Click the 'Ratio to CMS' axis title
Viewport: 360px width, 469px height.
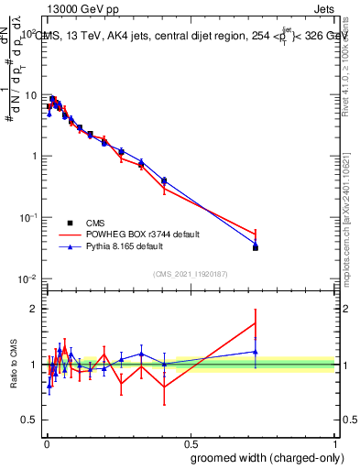(15, 365)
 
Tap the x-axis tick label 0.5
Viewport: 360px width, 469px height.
(189, 440)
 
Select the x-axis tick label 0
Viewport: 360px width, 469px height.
(45, 440)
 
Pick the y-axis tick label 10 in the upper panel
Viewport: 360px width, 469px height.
(30, 95)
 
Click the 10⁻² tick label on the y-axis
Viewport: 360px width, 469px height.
(28, 278)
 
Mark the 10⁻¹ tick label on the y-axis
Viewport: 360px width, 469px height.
(28, 217)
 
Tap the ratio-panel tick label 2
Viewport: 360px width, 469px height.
(34, 309)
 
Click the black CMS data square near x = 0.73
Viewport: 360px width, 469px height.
(255, 247)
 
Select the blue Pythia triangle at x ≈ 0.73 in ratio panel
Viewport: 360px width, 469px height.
(255, 352)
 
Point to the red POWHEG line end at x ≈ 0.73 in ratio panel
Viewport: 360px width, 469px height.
(255, 322)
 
